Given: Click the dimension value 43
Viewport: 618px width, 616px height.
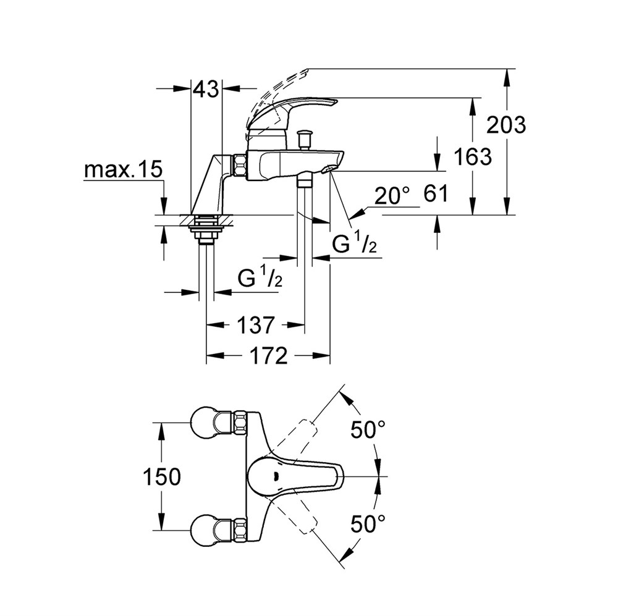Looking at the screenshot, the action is click(x=206, y=90).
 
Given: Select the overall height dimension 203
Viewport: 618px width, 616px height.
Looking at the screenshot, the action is click(x=507, y=125).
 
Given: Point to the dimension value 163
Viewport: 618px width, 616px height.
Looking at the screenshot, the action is click(x=473, y=156).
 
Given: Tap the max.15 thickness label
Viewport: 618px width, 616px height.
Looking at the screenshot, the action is click(x=124, y=170).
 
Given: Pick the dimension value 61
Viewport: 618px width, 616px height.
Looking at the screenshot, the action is click(x=436, y=194).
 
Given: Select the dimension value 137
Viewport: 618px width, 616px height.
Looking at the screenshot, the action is click(x=255, y=325).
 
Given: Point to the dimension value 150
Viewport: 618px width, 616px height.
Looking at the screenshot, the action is click(x=161, y=477).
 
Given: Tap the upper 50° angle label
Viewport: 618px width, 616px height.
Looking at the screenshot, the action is click(x=368, y=429).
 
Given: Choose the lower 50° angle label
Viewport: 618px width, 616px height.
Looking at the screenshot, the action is click(x=368, y=524).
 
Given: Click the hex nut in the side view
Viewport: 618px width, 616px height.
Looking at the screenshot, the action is click(x=240, y=167).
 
